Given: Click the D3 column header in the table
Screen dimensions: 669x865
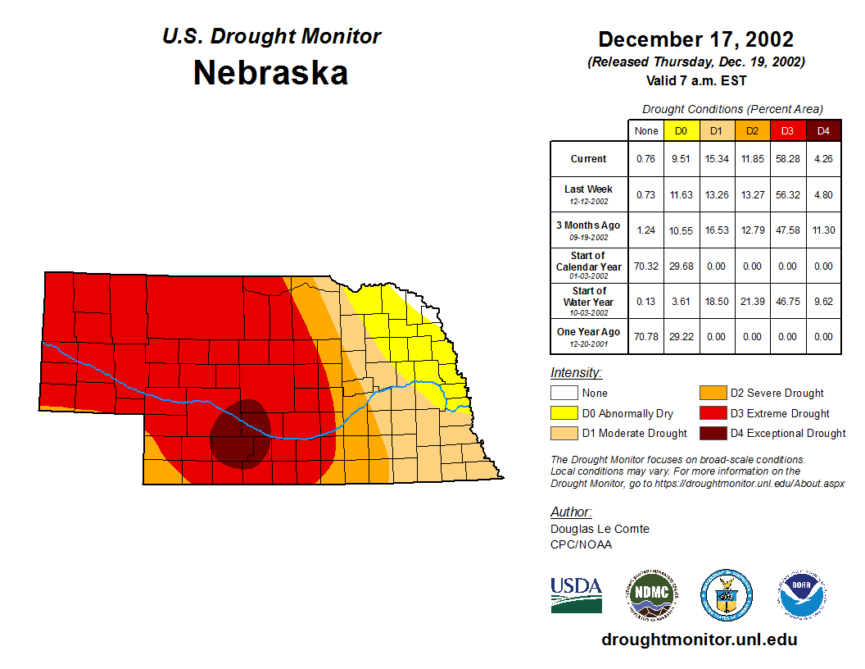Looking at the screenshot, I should point(788,130).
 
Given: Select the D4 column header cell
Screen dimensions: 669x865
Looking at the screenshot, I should point(823,130).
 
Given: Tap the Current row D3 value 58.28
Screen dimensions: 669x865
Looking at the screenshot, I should point(788,159).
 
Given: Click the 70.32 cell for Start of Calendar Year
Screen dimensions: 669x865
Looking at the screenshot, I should point(646,266).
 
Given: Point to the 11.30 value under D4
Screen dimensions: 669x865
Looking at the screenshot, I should point(823,230).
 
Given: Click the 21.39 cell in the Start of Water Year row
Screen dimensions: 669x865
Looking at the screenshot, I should point(752,302).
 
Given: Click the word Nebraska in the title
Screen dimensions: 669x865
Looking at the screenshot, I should point(270,73).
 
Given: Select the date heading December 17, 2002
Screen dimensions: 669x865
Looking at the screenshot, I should point(695,39).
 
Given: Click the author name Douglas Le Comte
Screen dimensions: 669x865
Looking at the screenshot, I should point(600,529).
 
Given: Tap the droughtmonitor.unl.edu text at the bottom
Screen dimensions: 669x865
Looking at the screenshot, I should point(699,639).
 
